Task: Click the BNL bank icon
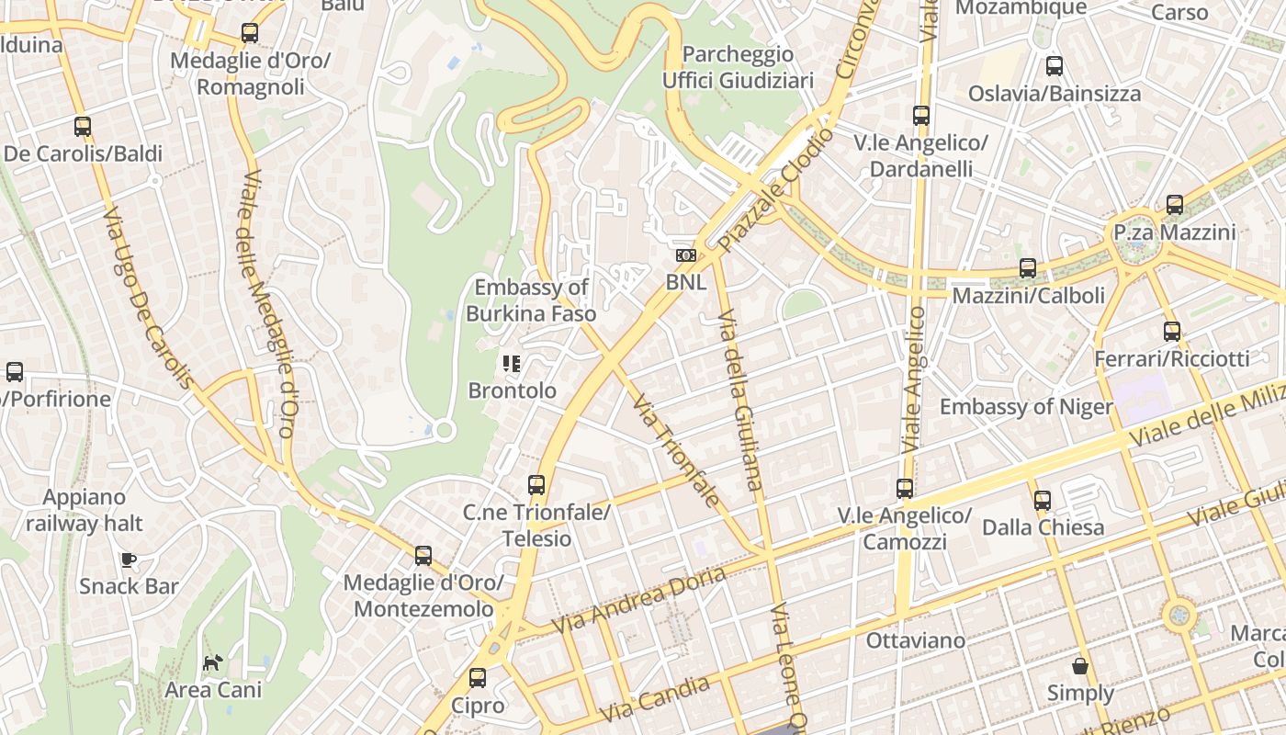point(686,255)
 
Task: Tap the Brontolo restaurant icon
point(512,364)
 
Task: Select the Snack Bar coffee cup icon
point(129,560)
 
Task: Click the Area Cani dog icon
point(213,662)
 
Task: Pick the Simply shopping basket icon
point(1080,666)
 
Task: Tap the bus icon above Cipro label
point(478,678)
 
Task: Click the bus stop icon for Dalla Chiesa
point(1042,501)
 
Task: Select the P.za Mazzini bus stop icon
point(1174,205)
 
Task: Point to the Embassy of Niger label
point(1025,407)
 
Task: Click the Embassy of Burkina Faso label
point(531,300)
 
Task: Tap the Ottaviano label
point(916,640)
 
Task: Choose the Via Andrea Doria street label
point(637,601)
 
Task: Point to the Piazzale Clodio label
point(777,190)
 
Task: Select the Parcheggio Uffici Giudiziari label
point(739,67)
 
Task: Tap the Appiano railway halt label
point(85,511)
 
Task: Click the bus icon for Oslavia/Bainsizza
point(1055,66)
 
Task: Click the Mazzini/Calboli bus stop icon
point(1028,268)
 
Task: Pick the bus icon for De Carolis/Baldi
point(83,127)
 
